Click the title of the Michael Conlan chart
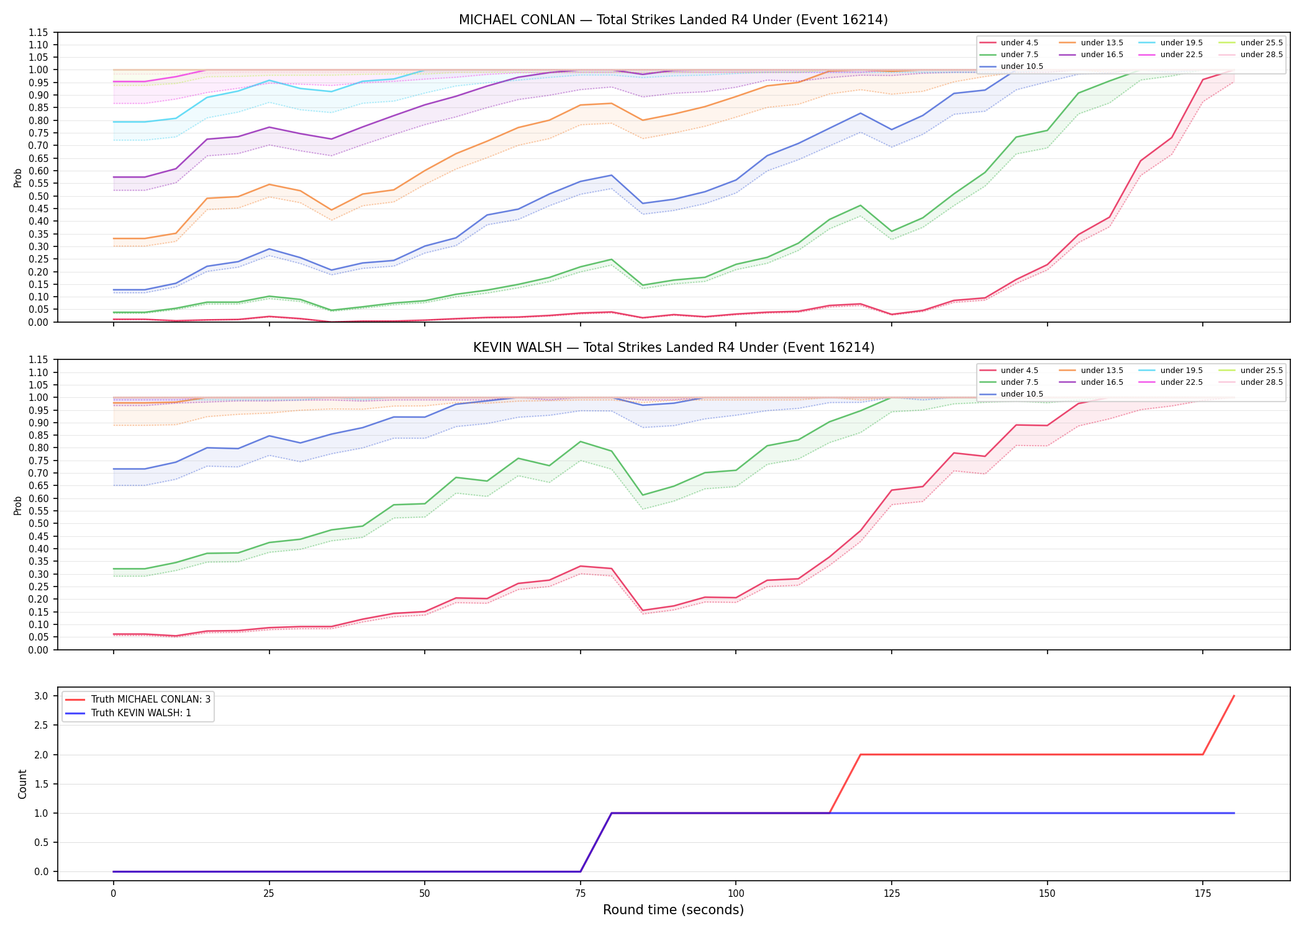click(673, 20)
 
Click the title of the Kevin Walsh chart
click(673, 348)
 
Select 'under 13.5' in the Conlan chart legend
click(1102, 43)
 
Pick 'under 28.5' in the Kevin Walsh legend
click(1261, 382)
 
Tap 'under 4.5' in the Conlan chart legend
click(1019, 43)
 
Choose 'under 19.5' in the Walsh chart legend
click(1181, 371)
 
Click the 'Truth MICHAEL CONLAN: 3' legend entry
click(151, 699)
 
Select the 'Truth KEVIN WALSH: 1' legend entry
click(141, 713)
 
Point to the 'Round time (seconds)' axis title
click(673, 910)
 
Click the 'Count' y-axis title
click(23, 784)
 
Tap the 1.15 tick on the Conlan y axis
click(38, 32)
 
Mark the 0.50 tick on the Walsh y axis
click(38, 524)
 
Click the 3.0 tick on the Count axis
click(42, 696)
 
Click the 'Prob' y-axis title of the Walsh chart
click(18, 505)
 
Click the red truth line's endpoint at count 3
click(1234, 696)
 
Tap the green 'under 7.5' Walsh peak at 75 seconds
click(580, 441)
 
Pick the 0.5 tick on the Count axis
click(42, 842)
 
